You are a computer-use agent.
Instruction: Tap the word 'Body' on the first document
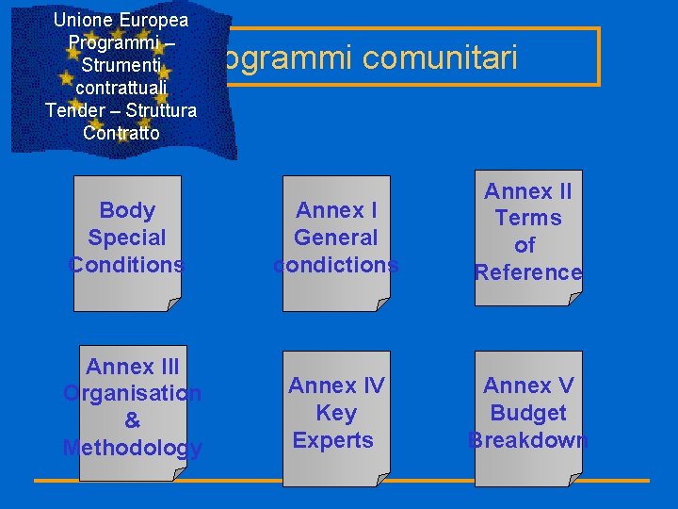(x=127, y=210)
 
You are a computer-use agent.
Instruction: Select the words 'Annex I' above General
(x=336, y=210)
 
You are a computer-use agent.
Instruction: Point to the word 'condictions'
(x=336, y=265)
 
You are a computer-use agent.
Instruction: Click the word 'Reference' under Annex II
(x=528, y=272)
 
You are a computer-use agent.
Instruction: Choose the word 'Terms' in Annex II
(x=528, y=218)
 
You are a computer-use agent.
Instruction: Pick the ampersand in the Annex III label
(x=132, y=420)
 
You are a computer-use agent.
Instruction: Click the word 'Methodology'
(x=132, y=448)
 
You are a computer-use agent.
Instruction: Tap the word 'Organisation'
(x=132, y=393)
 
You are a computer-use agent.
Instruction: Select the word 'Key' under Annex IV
(x=336, y=413)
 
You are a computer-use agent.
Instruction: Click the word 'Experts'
(x=333, y=440)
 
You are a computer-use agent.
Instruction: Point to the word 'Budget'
(x=528, y=413)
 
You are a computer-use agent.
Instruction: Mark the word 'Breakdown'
(x=528, y=440)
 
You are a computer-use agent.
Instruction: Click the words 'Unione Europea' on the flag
(x=121, y=20)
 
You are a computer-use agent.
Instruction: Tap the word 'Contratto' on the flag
(x=121, y=133)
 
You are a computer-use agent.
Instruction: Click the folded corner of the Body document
(x=174, y=304)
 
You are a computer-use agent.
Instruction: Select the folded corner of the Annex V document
(x=574, y=479)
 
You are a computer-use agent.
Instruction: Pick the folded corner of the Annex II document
(x=574, y=298)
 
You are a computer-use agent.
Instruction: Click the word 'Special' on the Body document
(x=127, y=238)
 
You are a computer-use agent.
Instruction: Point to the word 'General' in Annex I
(x=336, y=238)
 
